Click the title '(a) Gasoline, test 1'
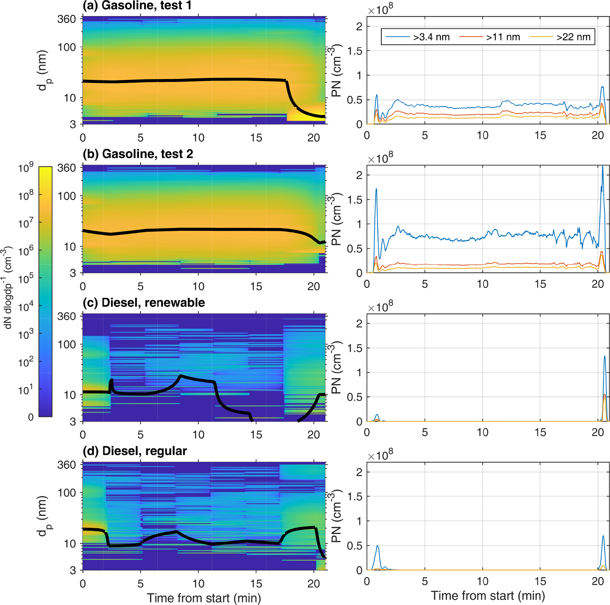click(137, 5)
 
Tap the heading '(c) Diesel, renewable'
click(144, 302)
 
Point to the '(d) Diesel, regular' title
click(135, 451)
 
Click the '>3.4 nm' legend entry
click(431, 37)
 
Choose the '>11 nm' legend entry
click(503, 37)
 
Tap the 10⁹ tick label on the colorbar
click(26, 168)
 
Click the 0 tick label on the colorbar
click(31, 417)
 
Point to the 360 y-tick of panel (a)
click(67, 19)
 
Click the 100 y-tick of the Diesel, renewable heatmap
click(67, 344)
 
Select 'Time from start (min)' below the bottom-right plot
click(488, 595)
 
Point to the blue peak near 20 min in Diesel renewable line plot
click(605, 356)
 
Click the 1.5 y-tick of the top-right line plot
click(355, 51)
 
